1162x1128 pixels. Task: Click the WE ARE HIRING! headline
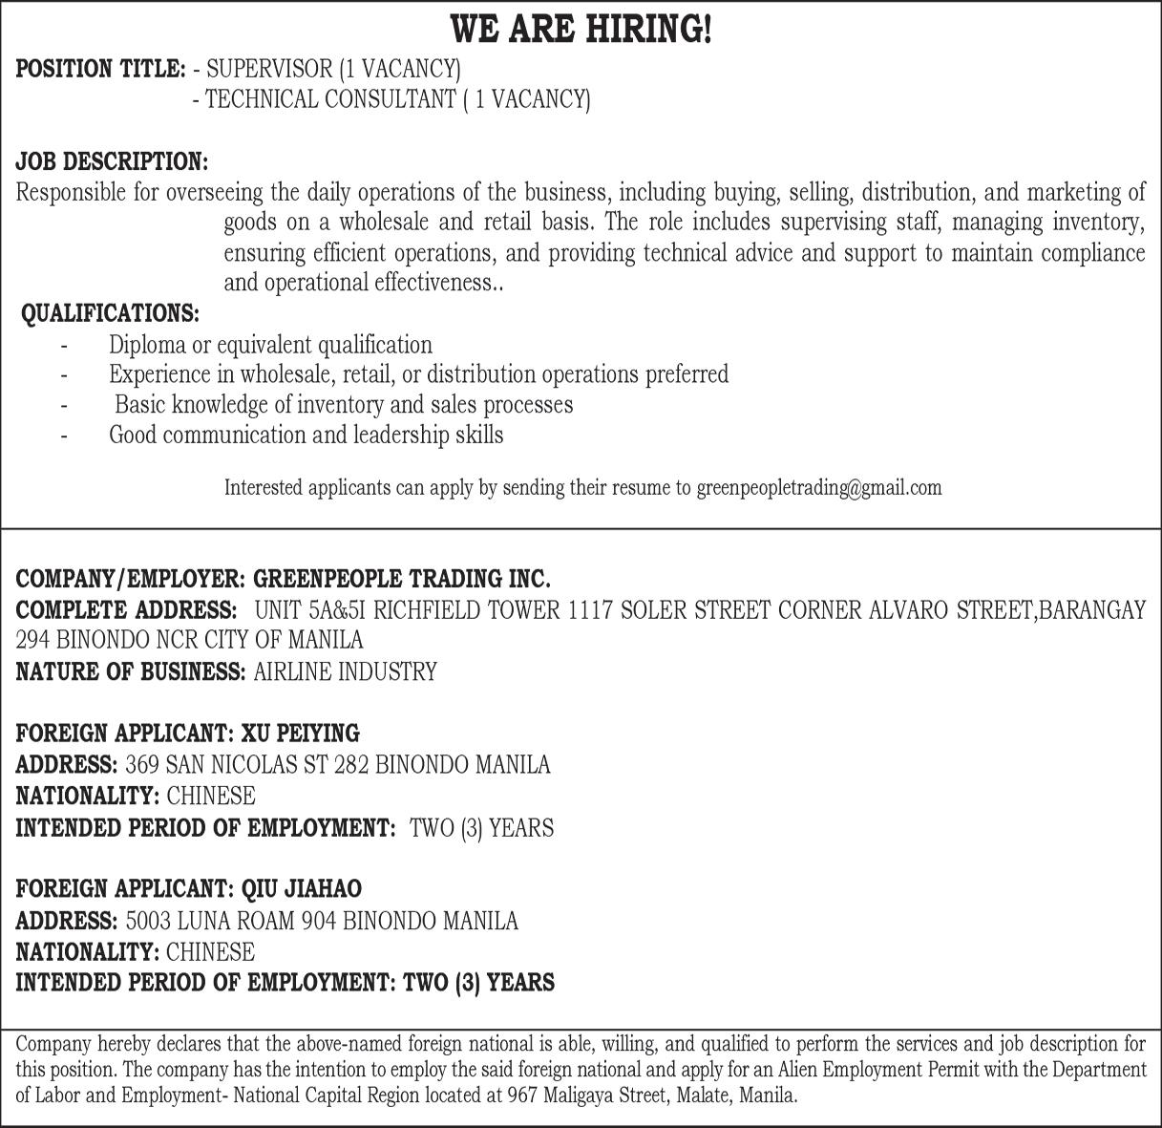pyautogui.click(x=581, y=30)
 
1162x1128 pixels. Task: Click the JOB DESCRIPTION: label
pyautogui.click(x=112, y=160)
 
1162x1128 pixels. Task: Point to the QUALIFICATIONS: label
pyautogui.click(x=111, y=313)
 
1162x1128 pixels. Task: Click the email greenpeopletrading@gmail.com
pyautogui.click(x=818, y=488)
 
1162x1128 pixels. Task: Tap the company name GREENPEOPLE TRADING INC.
pyautogui.click(x=402, y=579)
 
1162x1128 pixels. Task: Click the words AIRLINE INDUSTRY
pyautogui.click(x=345, y=671)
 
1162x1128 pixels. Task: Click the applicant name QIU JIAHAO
pyautogui.click(x=302, y=889)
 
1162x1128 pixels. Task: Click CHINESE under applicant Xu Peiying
pyautogui.click(x=210, y=796)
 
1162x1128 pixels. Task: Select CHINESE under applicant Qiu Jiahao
pyautogui.click(x=210, y=952)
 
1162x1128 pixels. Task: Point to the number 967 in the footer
pyautogui.click(x=523, y=1096)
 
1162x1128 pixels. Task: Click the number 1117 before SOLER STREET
pyautogui.click(x=589, y=609)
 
